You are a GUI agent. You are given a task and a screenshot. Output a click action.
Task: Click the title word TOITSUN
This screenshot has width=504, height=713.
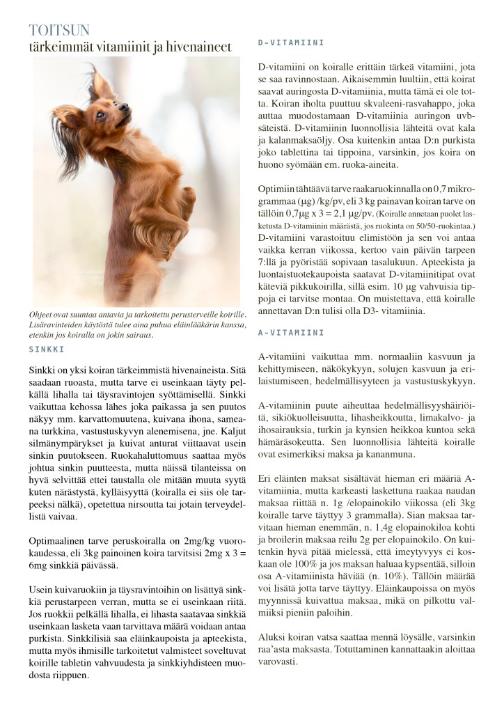59,31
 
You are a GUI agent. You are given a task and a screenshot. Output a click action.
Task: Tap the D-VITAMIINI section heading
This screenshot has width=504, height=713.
291,42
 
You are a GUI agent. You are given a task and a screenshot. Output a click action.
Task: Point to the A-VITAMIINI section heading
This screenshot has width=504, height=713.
291,334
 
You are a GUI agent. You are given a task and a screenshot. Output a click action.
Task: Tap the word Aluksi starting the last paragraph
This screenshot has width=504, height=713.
271,636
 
